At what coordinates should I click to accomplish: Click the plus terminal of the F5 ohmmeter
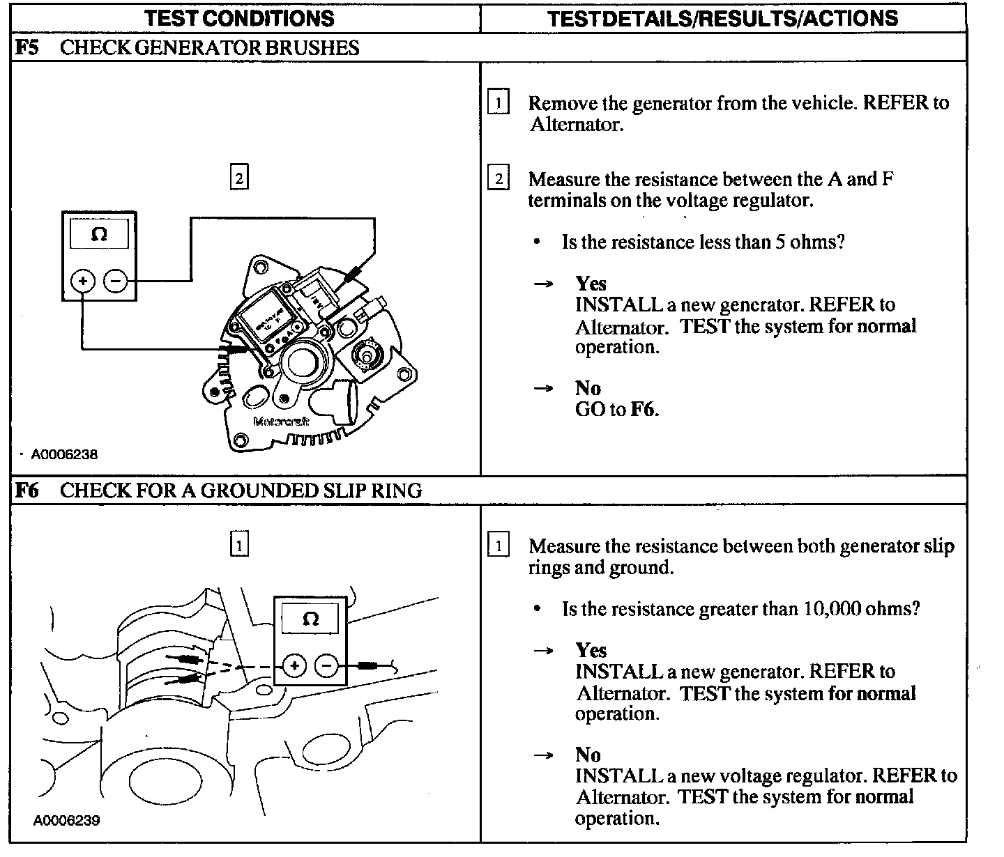(x=82, y=281)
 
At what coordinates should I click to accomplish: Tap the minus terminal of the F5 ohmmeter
(x=115, y=281)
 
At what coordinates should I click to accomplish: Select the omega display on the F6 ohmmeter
(x=310, y=619)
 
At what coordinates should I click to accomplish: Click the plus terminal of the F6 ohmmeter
(x=294, y=666)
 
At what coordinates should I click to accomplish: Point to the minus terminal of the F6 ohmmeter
(x=327, y=666)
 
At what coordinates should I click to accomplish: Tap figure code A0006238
(x=63, y=454)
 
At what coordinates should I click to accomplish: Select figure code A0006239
(x=66, y=820)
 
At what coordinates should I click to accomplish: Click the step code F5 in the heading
(x=27, y=48)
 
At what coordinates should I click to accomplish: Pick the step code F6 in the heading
(x=27, y=491)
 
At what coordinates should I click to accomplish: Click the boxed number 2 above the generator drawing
(x=239, y=178)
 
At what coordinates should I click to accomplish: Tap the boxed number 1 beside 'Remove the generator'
(x=498, y=103)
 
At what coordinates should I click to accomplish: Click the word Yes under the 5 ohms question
(x=591, y=284)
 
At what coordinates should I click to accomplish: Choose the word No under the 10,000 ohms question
(x=588, y=755)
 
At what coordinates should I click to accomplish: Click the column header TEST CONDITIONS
(x=239, y=19)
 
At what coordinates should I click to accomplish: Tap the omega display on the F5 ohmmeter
(x=99, y=235)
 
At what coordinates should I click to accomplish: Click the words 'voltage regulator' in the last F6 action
(x=781, y=776)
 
